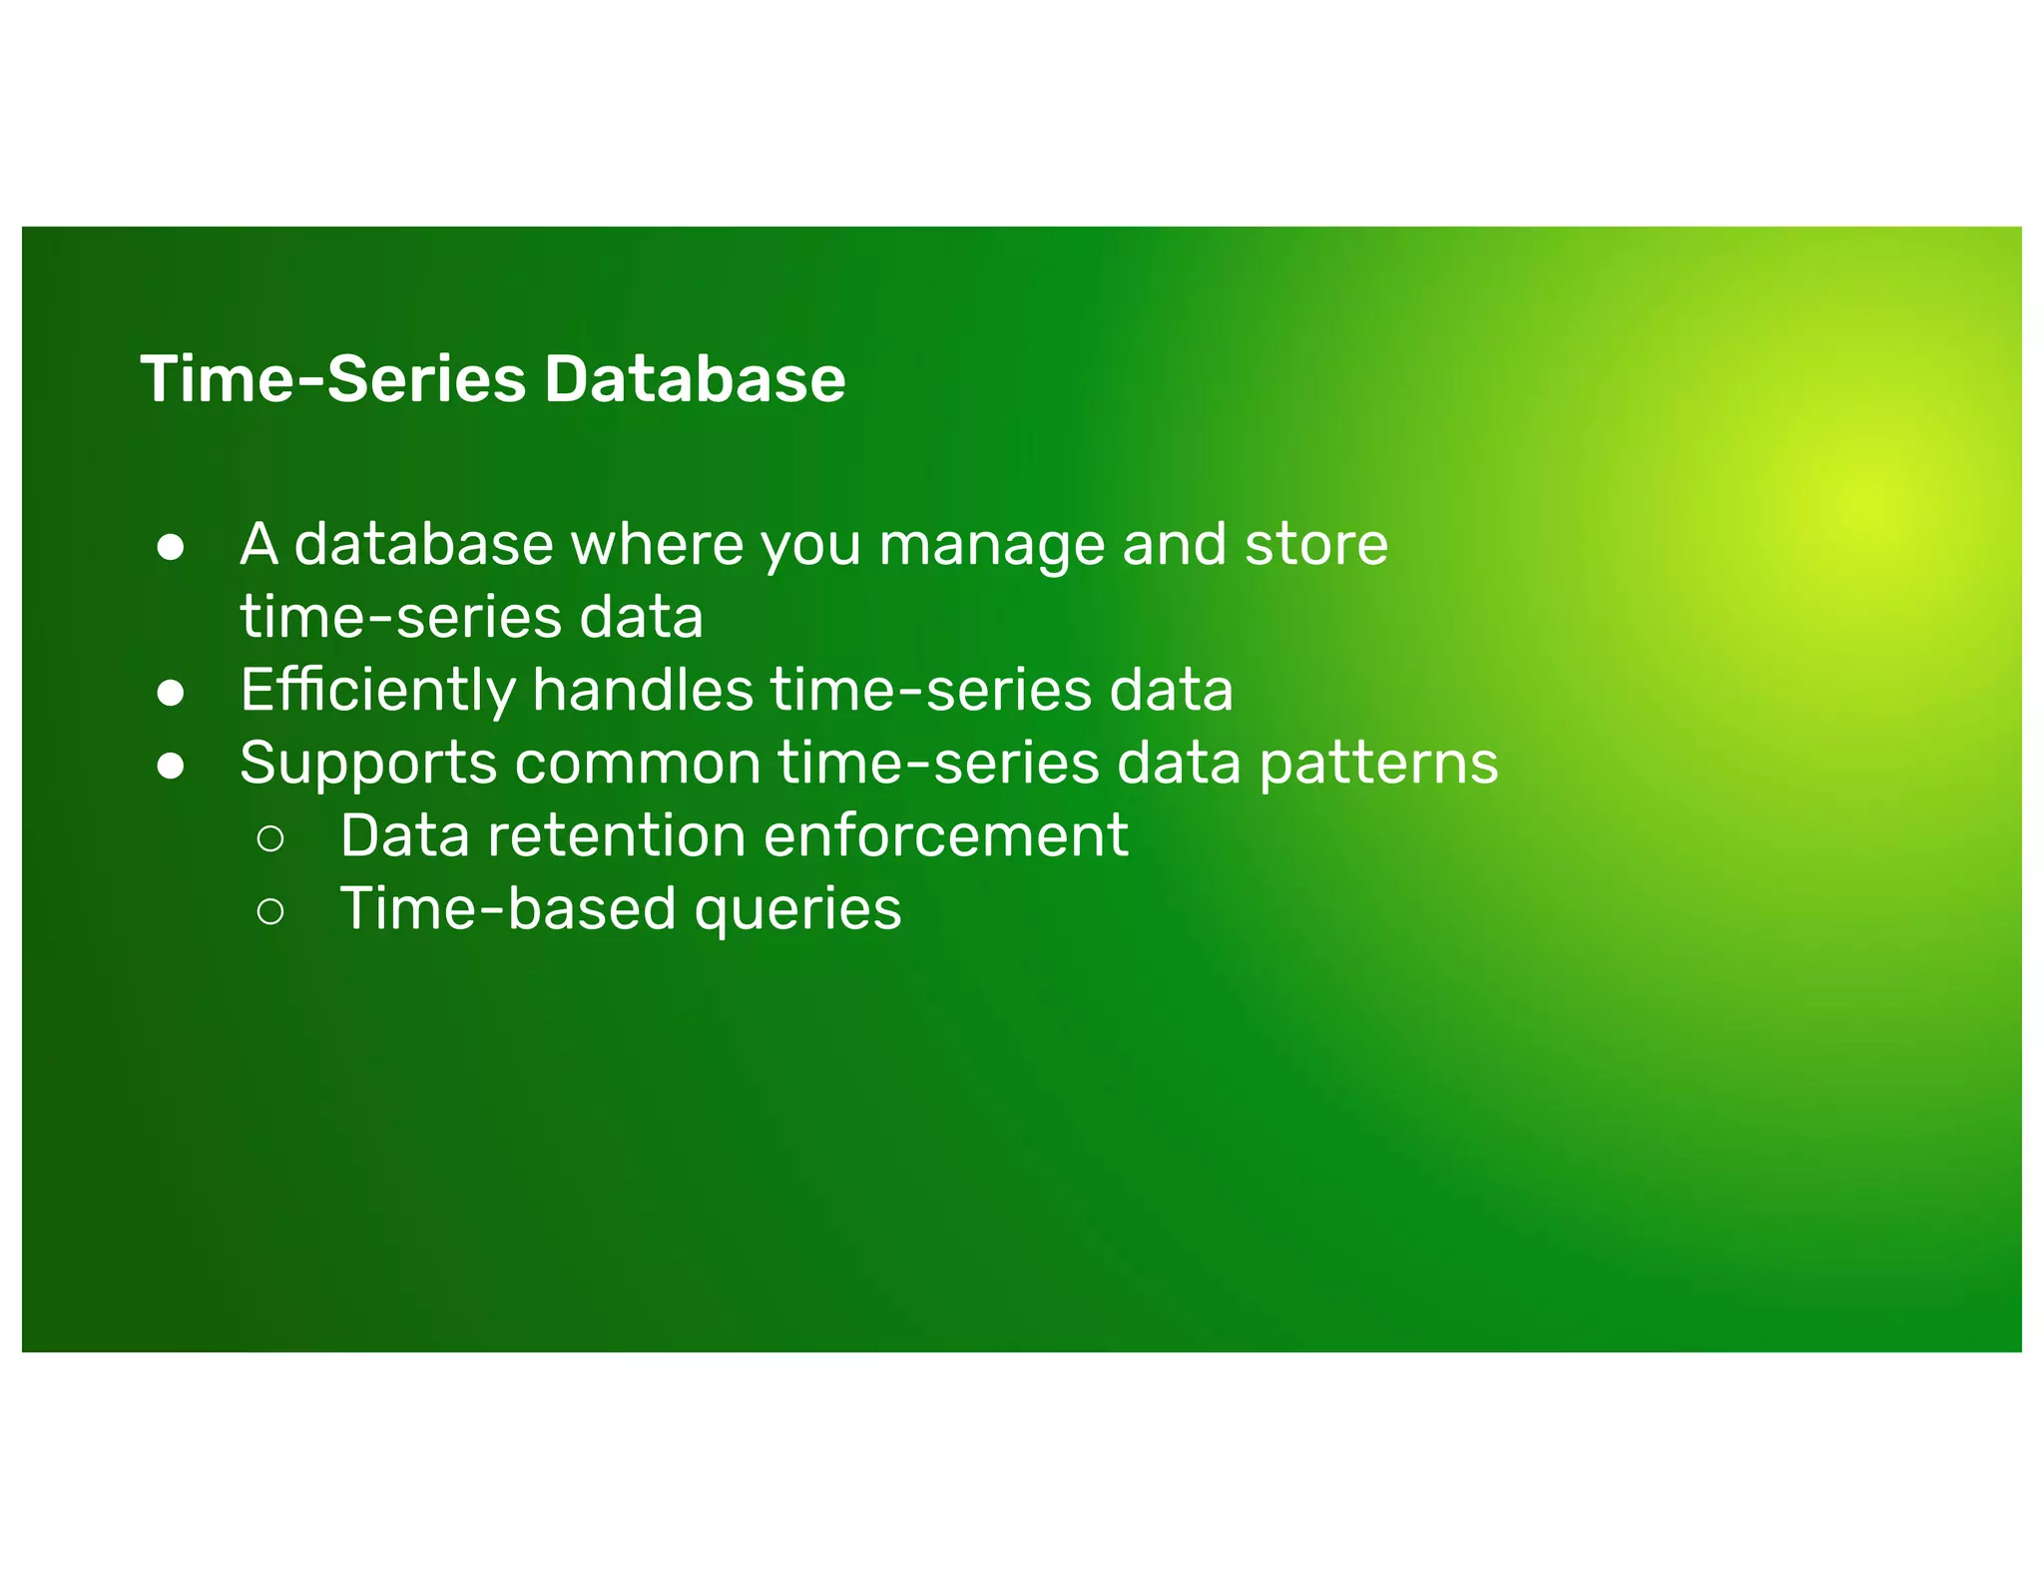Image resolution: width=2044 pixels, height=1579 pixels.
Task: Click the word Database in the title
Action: [695, 379]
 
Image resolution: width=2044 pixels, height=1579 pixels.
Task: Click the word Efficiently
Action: [377, 691]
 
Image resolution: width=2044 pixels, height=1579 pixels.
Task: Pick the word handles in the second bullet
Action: [642, 690]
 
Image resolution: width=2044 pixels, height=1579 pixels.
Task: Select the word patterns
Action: [1377, 765]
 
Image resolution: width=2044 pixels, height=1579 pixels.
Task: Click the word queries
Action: [797, 910]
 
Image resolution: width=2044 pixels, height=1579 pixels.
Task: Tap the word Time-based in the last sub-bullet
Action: [508, 908]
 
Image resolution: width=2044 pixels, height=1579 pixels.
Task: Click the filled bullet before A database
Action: [171, 547]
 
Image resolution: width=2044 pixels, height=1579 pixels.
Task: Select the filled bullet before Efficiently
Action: [171, 693]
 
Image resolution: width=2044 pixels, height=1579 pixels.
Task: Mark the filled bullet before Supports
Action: [171, 766]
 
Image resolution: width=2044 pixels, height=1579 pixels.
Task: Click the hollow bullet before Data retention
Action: [270, 838]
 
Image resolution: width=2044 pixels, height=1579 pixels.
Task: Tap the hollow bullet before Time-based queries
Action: [270, 911]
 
